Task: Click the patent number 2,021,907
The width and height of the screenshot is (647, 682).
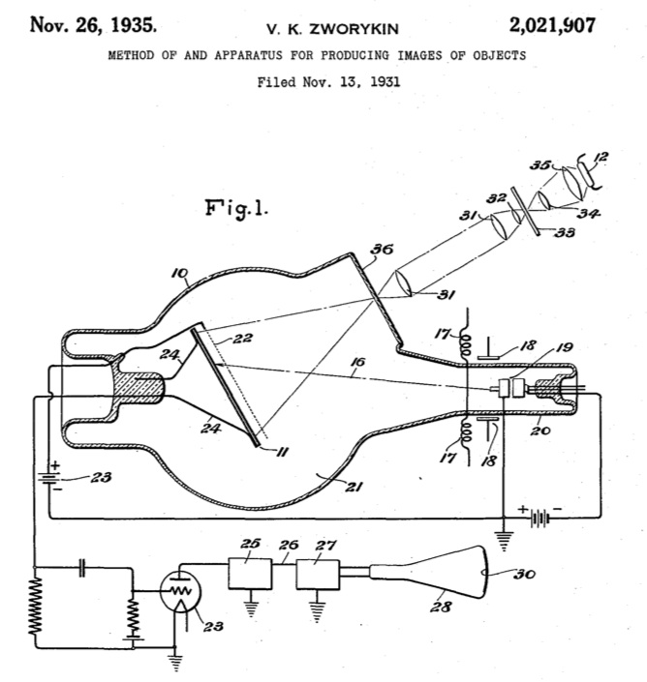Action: pos(552,25)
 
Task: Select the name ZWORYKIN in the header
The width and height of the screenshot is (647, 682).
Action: pos(354,29)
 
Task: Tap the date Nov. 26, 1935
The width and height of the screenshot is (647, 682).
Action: pos(93,24)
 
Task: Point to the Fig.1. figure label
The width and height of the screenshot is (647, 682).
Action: pos(236,209)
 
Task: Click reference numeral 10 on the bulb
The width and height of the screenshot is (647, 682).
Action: pos(180,273)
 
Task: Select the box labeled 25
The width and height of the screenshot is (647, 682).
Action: pos(250,574)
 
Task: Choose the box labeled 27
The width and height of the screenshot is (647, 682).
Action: pos(318,574)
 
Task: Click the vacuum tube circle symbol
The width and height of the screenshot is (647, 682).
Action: pos(180,592)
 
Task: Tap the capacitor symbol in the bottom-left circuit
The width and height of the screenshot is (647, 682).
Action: pos(82,568)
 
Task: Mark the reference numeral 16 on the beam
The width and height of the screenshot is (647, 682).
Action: pos(358,362)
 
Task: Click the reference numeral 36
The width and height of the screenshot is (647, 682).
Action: pos(382,250)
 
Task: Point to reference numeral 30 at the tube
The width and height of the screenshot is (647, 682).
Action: pos(524,574)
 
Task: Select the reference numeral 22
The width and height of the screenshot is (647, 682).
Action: pos(242,339)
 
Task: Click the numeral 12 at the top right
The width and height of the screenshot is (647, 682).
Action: pos(600,157)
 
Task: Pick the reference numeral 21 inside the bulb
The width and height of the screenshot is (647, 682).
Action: pos(354,487)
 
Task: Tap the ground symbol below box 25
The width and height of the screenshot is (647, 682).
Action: pos(251,608)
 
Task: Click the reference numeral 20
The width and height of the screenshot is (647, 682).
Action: pos(540,430)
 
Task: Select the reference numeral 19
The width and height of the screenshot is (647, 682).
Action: pos(564,347)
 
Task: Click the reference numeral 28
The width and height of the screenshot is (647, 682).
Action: pos(441,607)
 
